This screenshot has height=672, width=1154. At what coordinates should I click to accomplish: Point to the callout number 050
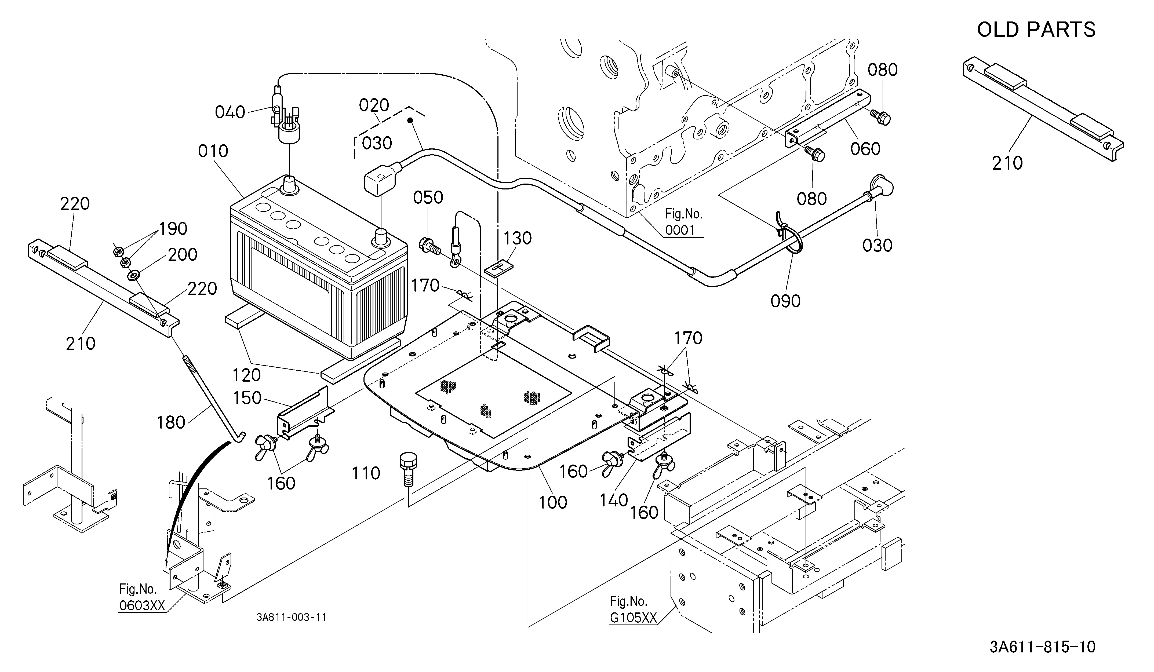coord(428,198)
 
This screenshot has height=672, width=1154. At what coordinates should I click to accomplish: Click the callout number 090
coord(786,301)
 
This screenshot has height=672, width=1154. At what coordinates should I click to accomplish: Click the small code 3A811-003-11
coord(292,617)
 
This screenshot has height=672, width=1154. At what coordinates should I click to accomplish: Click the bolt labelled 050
coord(429,245)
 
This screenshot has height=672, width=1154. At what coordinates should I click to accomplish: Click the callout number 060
coord(865,149)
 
